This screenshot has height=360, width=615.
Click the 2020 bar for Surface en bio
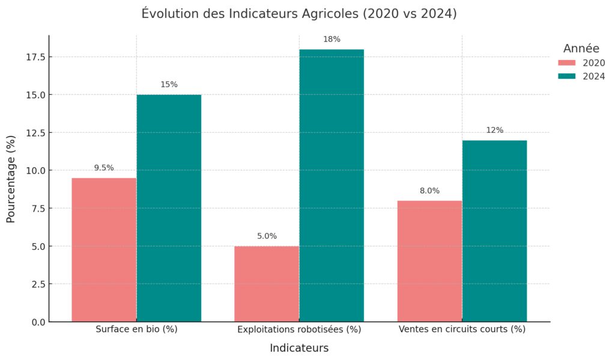104,249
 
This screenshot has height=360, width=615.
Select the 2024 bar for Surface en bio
169,208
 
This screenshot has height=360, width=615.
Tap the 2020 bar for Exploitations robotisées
267,284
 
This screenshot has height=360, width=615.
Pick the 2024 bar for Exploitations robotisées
332,185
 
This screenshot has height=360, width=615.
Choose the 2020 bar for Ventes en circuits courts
429,261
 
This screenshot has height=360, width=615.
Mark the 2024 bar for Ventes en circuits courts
494,231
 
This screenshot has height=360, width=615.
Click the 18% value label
332,40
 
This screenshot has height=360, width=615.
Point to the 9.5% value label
104,168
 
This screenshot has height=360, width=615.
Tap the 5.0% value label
267,236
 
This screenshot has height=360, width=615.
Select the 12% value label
494,130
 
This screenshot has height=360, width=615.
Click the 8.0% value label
429,191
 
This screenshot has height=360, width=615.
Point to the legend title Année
581,49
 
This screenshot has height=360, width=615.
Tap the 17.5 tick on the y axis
35,57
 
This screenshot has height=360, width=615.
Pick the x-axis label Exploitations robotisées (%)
299,329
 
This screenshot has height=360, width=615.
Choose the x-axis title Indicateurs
299,349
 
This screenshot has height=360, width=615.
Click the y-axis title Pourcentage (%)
11,179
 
